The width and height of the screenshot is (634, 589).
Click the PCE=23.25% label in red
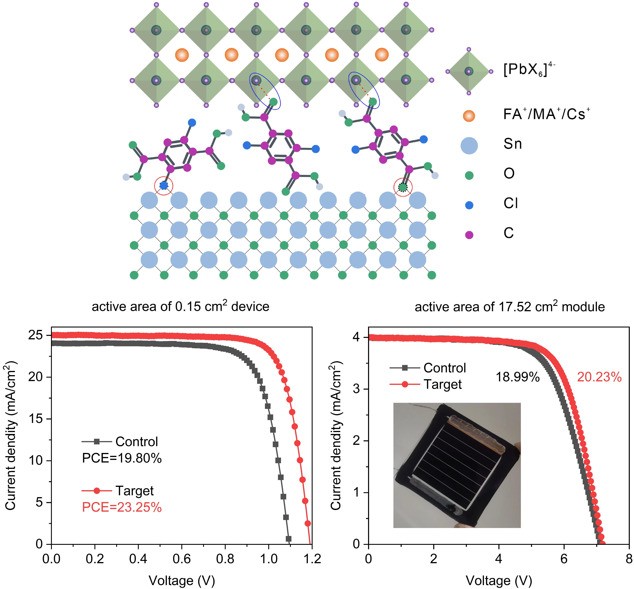(x=122, y=507)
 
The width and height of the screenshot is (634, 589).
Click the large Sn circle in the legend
(x=469, y=146)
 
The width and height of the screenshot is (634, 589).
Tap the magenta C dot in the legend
(x=469, y=235)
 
